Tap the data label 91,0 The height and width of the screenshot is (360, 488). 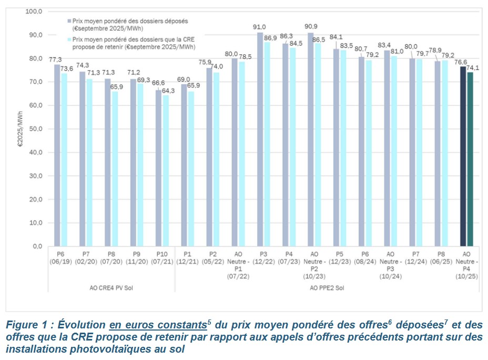(260, 27)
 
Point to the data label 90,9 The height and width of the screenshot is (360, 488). (311, 27)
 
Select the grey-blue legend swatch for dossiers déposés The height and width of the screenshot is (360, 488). (68, 22)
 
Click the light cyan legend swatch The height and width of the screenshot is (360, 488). (68, 39)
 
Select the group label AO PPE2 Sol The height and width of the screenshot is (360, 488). (327, 288)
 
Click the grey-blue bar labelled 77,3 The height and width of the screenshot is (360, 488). (57, 155)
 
